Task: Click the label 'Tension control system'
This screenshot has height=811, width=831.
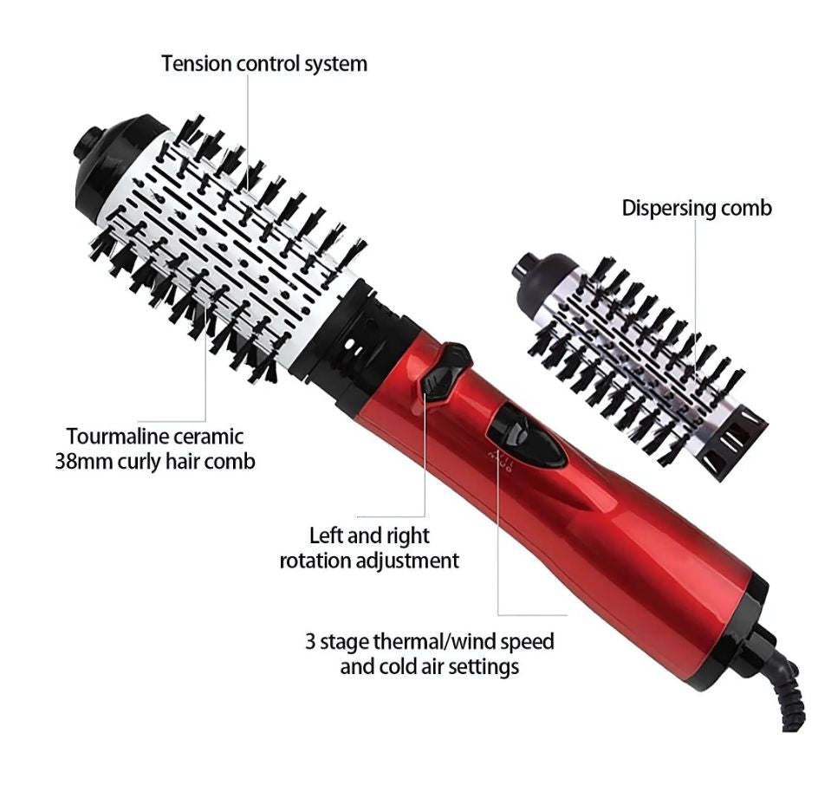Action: coord(263,63)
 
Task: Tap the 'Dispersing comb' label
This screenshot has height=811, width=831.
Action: coord(696,208)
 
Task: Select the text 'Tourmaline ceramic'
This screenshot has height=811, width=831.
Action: coord(155,436)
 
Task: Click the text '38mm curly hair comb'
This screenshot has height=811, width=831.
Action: coord(155,461)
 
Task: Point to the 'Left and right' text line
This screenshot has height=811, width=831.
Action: coord(369,535)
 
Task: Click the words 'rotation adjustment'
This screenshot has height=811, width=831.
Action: coord(369,561)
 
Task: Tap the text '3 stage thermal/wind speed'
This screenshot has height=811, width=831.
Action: coord(429,642)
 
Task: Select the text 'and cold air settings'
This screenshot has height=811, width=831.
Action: coord(429,666)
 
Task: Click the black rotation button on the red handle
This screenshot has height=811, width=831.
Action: coord(446,370)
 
